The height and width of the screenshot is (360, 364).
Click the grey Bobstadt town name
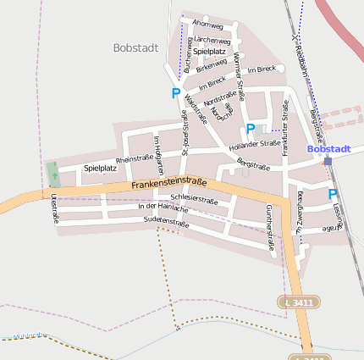click(135, 48)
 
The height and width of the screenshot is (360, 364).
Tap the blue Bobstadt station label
click(329, 148)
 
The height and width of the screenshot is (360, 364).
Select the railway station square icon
click(328, 160)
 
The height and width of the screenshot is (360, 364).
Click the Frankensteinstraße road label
click(169, 183)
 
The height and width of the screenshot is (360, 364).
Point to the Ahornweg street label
click(207, 25)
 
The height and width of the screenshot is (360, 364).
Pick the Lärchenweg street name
click(212, 40)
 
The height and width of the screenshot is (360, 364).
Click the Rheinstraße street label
click(134, 158)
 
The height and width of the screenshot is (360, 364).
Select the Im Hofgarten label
click(157, 150)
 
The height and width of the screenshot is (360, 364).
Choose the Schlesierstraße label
click(194, 200)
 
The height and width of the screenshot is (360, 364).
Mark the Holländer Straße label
click(254, 144)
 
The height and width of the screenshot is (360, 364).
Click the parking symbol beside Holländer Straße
click(250, 129)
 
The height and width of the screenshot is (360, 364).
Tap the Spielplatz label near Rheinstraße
click(100, 168)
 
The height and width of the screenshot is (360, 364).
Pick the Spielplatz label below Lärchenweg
click(209, 52)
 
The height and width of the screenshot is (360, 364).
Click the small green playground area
click(53, 174)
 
